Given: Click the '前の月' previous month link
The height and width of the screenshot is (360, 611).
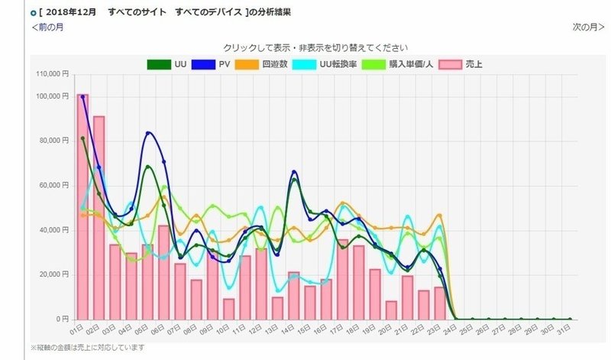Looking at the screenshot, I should click(x=47, y=28).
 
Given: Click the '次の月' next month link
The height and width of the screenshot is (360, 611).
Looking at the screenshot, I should click(x=588, y=28).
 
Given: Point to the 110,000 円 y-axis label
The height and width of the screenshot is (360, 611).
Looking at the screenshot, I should click(x=53, y=74).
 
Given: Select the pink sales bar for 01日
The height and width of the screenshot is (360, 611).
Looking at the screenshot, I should click(x=82, y=206).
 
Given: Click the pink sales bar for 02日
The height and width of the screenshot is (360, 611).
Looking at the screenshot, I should click(x=99, y=218).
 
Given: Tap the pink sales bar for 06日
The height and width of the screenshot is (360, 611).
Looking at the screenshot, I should click(x=163, y=272).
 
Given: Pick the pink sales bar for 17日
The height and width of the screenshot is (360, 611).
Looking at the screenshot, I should click(x=343, y=279).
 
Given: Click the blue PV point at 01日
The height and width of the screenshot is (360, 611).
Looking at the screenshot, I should click(x=82, y=97).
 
